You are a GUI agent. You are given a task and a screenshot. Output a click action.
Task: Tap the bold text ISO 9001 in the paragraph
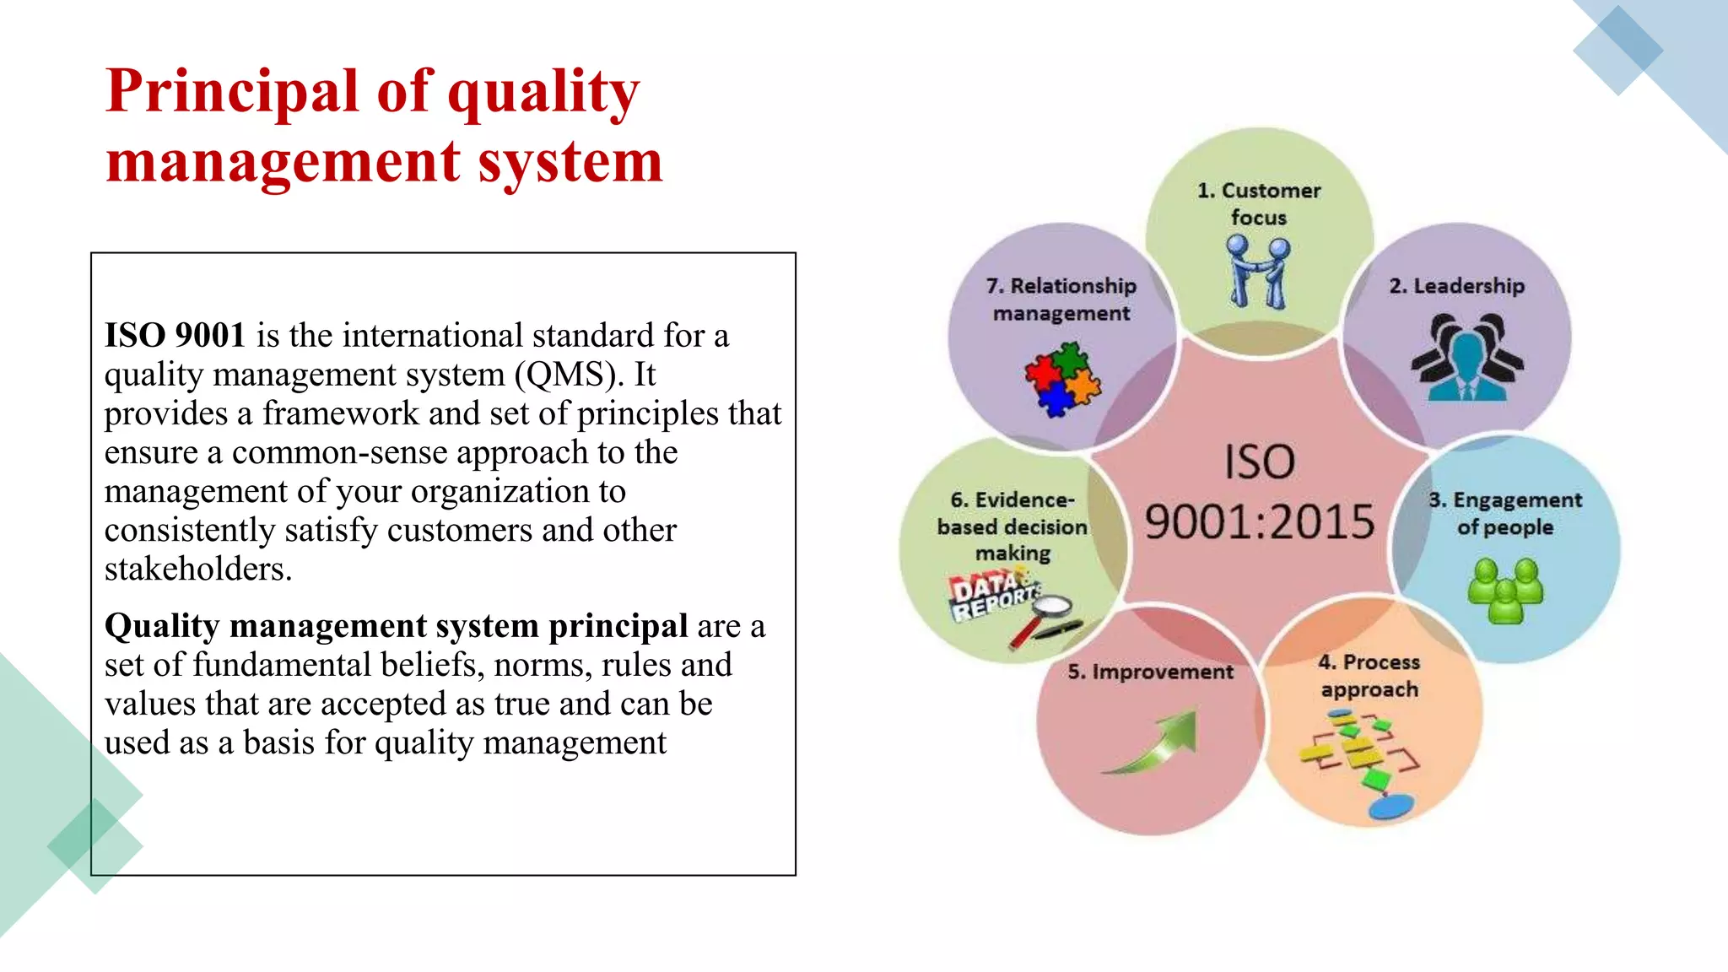tap(175, 336)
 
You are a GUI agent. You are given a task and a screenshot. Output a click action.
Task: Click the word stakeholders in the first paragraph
tap(197, 570)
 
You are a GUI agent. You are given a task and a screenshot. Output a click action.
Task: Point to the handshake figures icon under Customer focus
tap(1258, 272)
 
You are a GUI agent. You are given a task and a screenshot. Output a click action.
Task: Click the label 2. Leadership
tap(1456, 286)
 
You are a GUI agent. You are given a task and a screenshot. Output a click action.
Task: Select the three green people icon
tap(1505, 591)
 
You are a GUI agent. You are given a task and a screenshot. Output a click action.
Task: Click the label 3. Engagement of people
tap(1505, 513)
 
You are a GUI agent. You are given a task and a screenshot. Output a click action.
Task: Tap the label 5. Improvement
tap(1150, 672)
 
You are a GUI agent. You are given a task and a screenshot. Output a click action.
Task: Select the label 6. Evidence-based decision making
tap(1012, 526)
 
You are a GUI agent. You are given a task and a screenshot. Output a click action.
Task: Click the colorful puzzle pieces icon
tap(1061, 380)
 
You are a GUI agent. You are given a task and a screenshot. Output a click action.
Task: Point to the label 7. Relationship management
tap(1061, 300)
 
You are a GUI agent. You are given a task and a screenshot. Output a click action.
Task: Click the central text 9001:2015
tap(1259, 521)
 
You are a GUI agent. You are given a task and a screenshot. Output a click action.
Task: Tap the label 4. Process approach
tap(1369, 676)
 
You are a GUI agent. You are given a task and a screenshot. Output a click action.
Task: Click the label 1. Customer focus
tap(1258, 203)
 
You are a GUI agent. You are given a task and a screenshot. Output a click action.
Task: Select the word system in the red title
tap(570, 162)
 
